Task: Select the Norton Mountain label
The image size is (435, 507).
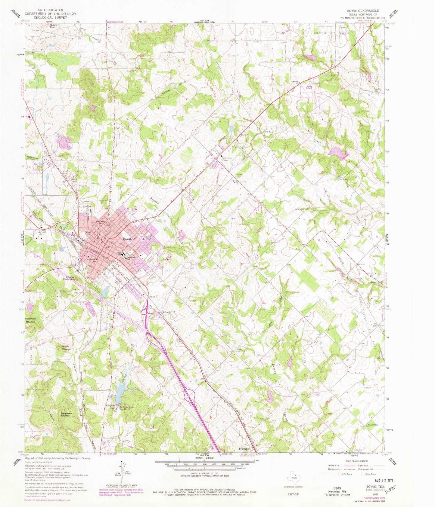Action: click(67, 347)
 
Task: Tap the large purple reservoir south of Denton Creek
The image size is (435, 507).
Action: click(339, 152)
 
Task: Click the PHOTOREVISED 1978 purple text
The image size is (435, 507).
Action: click(375, 498)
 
